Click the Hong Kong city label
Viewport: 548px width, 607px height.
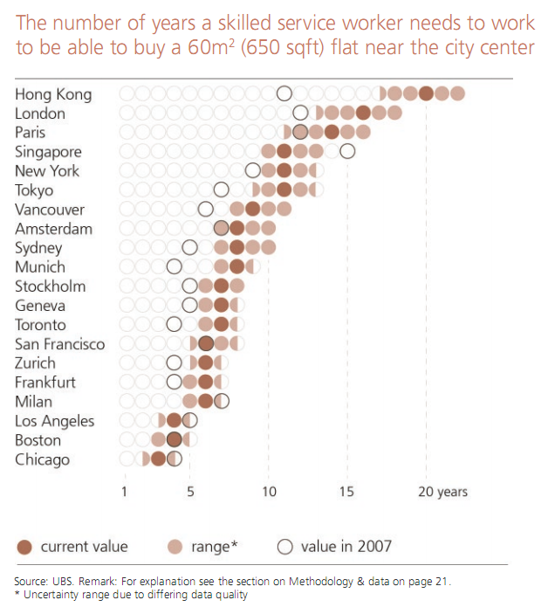(52, 94)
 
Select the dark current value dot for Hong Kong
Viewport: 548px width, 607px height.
(426, 94)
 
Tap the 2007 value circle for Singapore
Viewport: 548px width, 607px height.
(347, 152)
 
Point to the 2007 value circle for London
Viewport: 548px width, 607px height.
(300, 114)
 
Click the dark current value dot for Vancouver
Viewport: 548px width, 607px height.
(252, 210)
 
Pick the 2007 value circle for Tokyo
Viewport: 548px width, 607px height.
(221, 190)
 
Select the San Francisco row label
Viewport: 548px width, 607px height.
(59, 344)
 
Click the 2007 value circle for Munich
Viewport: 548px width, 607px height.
(174, 267)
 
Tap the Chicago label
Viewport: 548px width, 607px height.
(42, 459)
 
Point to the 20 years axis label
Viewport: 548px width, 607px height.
(442, 492)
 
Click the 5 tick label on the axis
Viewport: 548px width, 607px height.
(189, 492)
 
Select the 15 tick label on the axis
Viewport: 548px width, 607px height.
(347, 492)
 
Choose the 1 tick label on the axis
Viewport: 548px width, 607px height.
(125, 492)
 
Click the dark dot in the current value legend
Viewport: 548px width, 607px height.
(24, 547)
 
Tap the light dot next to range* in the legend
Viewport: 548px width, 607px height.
(175, 547)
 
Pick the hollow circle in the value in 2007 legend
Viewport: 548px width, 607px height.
(284, 547)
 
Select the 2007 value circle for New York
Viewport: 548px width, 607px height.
(253, 171)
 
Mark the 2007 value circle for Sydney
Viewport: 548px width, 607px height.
(189, 248)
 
